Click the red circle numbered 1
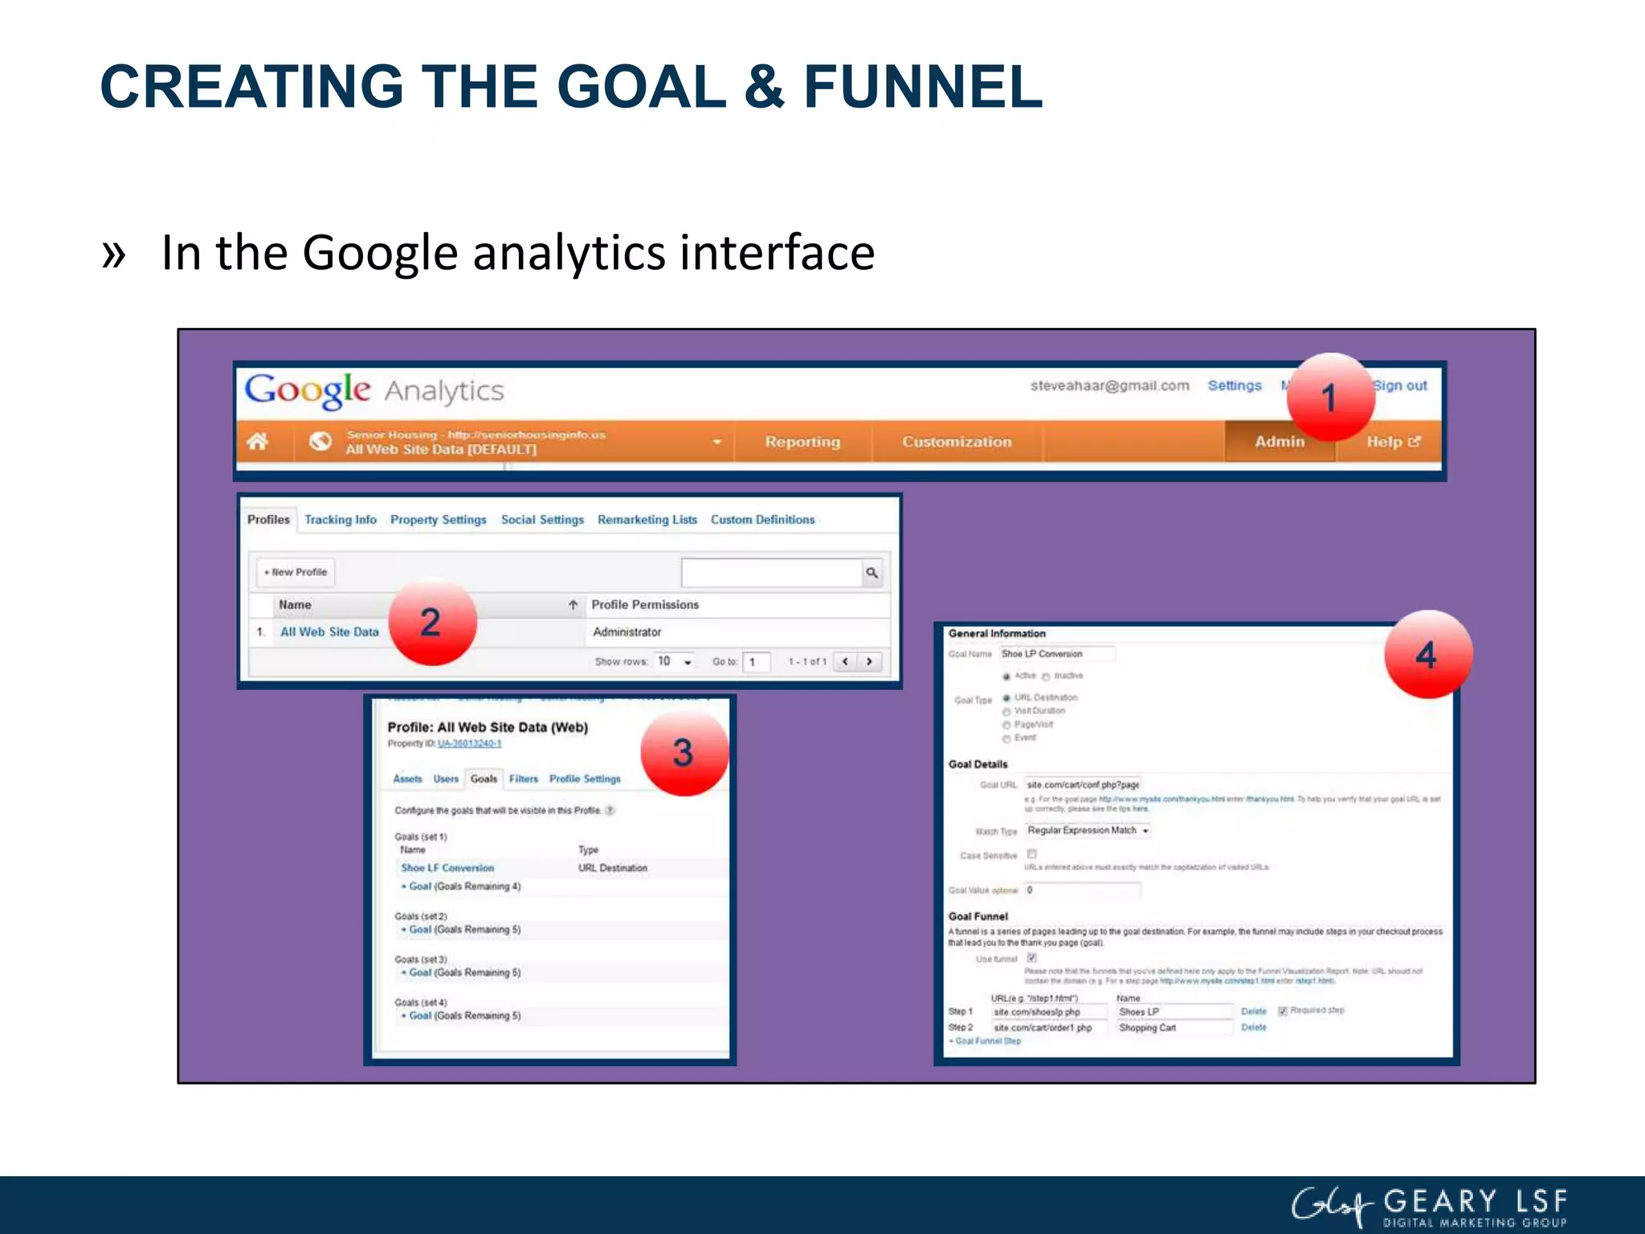pos(1330,397)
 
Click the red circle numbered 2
pos(432,623)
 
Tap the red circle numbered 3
pos(684,753)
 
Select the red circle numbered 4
pos(1427,655)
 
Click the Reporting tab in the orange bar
pos(802,442)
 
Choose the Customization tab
pos(956,442)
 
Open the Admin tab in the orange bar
pos(1279,442)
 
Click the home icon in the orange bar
pos(257,441)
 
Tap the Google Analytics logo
pos(374,390)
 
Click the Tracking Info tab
pos(340,520)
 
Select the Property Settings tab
pos(438,520)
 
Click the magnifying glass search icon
pos(871,573)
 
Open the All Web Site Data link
pos(329,632)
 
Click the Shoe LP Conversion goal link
pos(447,868)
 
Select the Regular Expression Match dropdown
pos(1088,831)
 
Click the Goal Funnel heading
pos(978,917)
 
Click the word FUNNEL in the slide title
pos(923,87)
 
